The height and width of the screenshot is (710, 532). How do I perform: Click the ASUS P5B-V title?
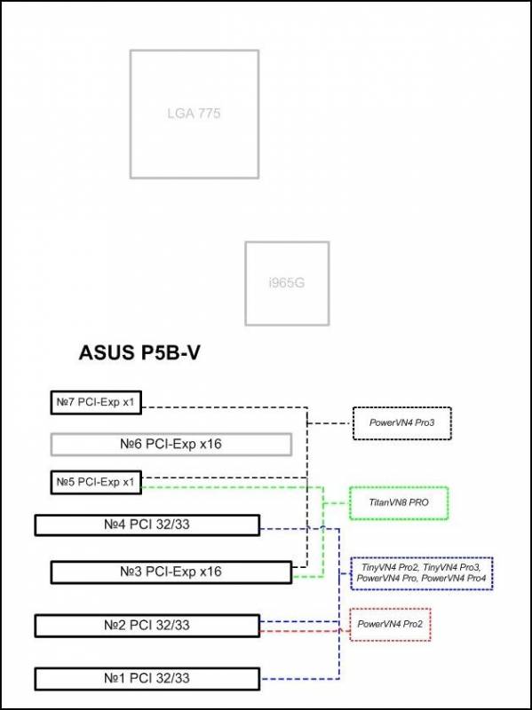coord(139,353)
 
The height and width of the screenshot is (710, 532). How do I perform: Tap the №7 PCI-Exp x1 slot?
coord(96,402)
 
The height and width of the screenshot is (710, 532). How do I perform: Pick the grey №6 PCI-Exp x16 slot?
coord(171,445)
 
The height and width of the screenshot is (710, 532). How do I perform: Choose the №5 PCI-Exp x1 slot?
coord(96,483)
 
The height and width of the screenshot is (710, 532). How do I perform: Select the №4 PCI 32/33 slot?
coord(147,525)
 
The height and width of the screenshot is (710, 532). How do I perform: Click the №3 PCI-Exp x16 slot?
coord(171,572)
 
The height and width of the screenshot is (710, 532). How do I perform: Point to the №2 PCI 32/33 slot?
coord(147,626)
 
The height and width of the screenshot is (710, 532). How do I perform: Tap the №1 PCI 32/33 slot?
coord(147,679)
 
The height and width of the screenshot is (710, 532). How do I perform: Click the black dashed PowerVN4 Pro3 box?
coord(402,423)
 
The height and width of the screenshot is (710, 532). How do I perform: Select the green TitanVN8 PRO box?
coord(399,503)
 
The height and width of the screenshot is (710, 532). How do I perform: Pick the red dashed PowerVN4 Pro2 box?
coord(390,625)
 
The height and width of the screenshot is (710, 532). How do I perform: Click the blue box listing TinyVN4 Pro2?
coord(422,573)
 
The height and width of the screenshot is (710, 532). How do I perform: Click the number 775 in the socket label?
coord(208,114)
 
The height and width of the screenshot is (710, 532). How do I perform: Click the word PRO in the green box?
coord(419,502)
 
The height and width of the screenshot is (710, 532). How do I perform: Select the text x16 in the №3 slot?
coord(210,572)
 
